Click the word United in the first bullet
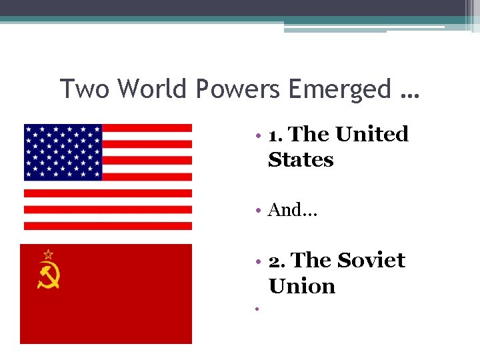[x=372, y=134]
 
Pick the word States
[x=301, y=160]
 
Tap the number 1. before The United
[x=276, y=135]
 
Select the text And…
[x=293, y=211]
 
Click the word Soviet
[x=371, y=260]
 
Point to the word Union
[x=302, y=286]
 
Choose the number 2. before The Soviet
[x=277, y=261]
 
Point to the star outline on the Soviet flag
[x=48, y=254]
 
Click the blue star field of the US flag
[x=63, y=152]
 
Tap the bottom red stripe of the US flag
[x=107, y=226]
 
